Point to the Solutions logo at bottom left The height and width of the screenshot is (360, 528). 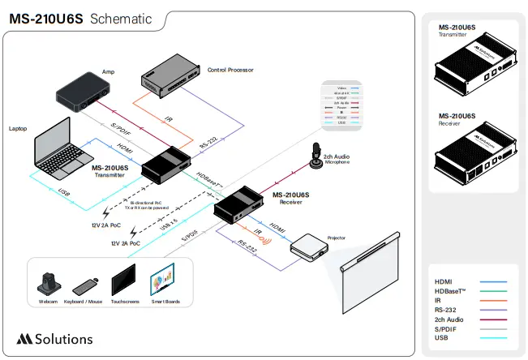click(x=54, y=338)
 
